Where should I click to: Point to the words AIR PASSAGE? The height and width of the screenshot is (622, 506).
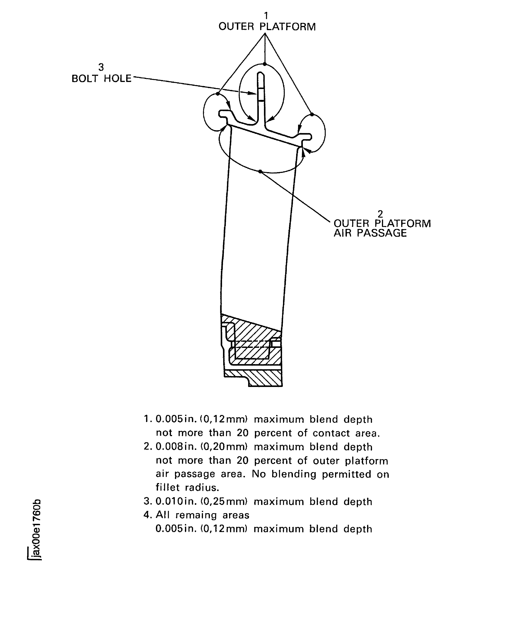coord(370,233)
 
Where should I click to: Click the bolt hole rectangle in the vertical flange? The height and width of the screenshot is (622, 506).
coord(261,95)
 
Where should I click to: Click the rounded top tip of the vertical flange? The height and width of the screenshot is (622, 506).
coord(261,75)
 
